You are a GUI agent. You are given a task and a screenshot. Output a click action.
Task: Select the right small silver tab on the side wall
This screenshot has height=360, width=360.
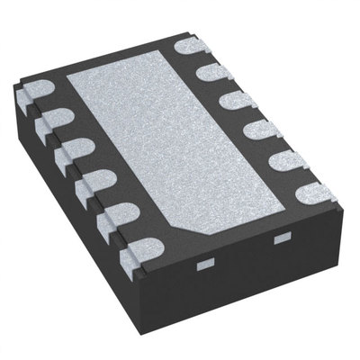click(280, 236)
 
